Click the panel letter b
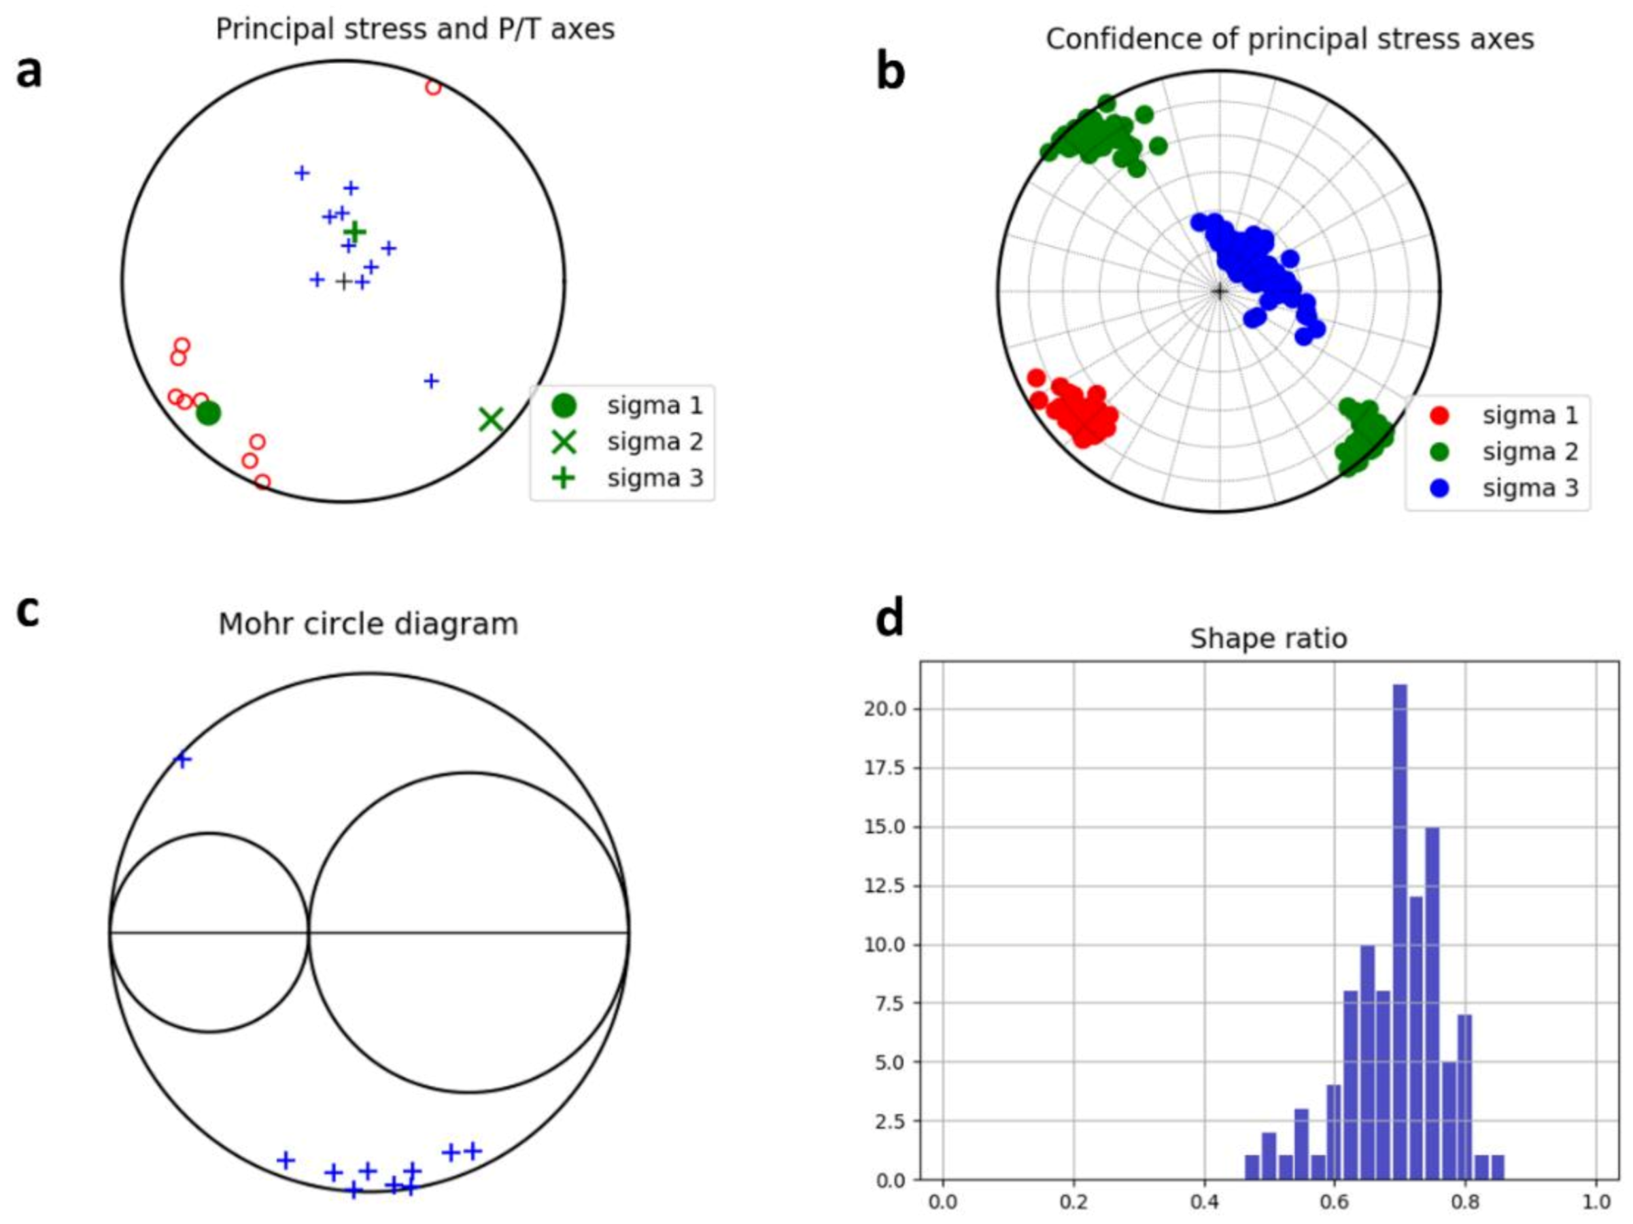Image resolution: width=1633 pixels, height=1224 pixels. (891, 72)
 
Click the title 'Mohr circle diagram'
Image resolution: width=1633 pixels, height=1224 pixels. (368, 624)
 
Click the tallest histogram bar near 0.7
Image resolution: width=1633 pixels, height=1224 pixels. (1400, 930)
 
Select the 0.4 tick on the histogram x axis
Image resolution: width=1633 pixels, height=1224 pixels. (1205, 1201)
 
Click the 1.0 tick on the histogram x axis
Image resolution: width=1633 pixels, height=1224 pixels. (1597, 1201)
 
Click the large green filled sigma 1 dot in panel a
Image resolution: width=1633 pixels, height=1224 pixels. (208, 413)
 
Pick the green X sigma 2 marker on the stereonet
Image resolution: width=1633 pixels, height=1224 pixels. (491, 420)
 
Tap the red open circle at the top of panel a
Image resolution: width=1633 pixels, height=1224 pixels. (433, 88)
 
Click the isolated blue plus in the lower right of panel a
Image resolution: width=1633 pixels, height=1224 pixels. (432, 381)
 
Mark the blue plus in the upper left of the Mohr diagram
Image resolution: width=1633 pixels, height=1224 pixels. (182, 760)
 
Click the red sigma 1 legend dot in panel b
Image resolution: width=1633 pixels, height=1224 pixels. (1439, 415)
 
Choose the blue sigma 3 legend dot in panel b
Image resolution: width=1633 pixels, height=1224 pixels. (1439, 488)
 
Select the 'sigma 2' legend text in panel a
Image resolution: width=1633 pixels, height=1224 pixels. (655, 442)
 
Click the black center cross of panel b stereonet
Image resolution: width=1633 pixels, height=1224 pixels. (1219, 292)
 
